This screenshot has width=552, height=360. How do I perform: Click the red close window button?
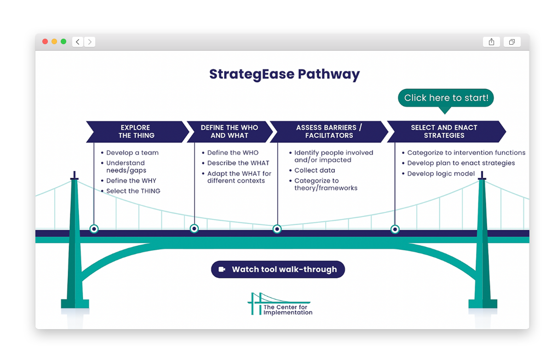pyautogui.click(x=45, y=41)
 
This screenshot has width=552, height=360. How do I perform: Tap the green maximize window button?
pyautogui.click(x=63, y=41)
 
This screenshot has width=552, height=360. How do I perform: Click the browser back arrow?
pyautogui.click(x=78, y=42)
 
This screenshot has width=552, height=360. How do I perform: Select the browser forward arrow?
pyautogui.click(x=90, y=42)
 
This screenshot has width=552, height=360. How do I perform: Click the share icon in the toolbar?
pyautogui.click(x=491, y=42)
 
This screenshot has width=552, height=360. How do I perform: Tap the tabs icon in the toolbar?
pyautogui.click(x=512, y=42)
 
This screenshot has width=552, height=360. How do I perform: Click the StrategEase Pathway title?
pyautogui.click(x=284, y=74)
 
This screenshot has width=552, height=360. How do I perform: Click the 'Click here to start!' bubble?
pyautogui.click(x=445, y=98)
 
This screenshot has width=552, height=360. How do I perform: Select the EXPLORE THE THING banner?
pyautogui.click(x=137, y=132)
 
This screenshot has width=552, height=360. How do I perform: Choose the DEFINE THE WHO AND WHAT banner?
pyautogui.click(x=229, y=132)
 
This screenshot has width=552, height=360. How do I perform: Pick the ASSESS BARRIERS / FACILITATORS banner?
pyautogui.click(x=329, y=132)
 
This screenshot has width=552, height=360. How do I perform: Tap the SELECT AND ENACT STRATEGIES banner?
pyautogui.click(x=444, y=132)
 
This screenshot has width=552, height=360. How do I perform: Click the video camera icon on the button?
pyautogui.click(x=222, y=270)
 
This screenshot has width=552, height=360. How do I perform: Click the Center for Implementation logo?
pyautogui.click(x=280, y=304)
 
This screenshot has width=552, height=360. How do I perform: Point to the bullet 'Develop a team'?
pyautogui.click(x=132, y=153)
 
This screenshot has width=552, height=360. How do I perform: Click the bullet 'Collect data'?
pyautogui.click(x=315, y=170)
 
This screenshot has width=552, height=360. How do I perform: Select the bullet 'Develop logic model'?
pyautogui.click(x=441, y=174)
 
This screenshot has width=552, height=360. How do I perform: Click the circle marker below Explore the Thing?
pyautogui.click(x=94, y=228)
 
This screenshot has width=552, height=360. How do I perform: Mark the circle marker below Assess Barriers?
pyautogui.click(x=277, y=229)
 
